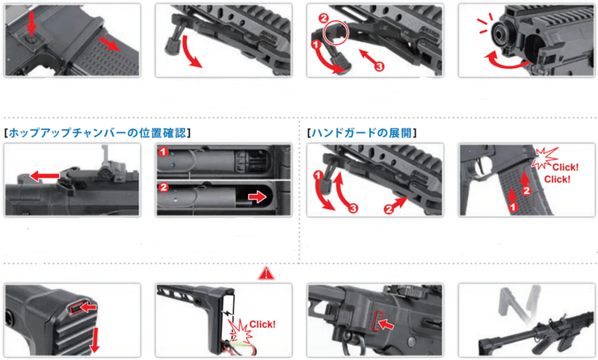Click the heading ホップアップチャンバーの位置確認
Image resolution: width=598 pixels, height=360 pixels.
pos(97,133)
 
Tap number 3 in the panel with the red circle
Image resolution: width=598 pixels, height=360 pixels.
pos(379,66)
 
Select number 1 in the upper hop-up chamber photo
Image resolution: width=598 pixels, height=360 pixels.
pos(164,152)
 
